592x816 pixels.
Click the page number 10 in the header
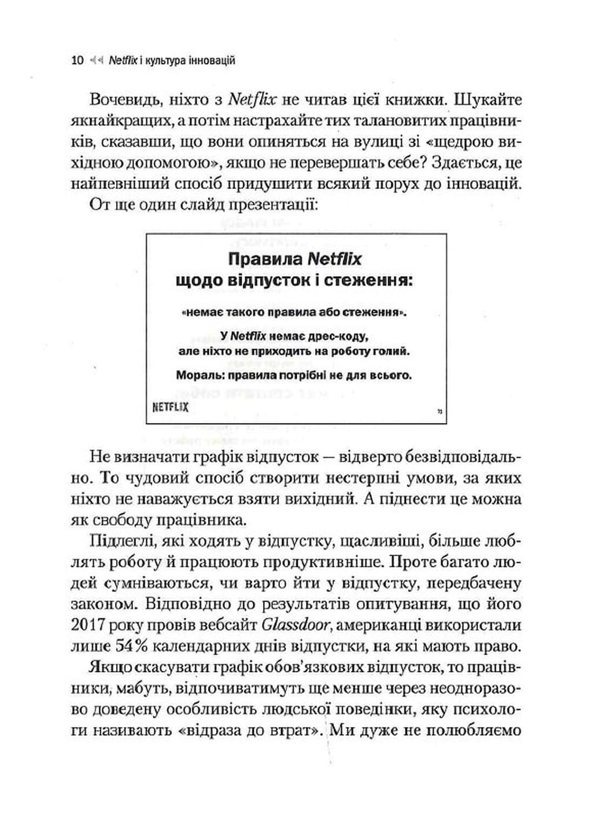77,60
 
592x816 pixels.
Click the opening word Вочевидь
122,100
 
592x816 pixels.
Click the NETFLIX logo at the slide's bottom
170,407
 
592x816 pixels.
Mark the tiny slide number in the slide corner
439,411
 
